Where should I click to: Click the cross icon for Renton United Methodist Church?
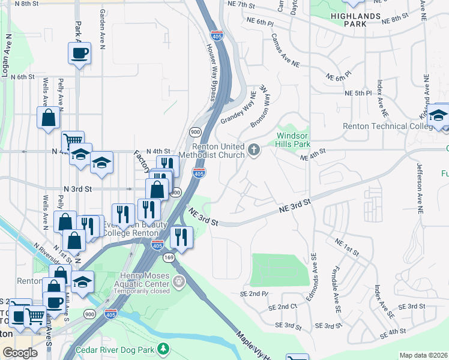tap(254, 150)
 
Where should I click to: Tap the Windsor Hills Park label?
tap(293, 140)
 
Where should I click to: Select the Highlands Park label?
tap(355, 20)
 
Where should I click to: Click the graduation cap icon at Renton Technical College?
tap(439, 115)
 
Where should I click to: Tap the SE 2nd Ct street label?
tap(283, 307)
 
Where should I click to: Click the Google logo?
tap(20, 353)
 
